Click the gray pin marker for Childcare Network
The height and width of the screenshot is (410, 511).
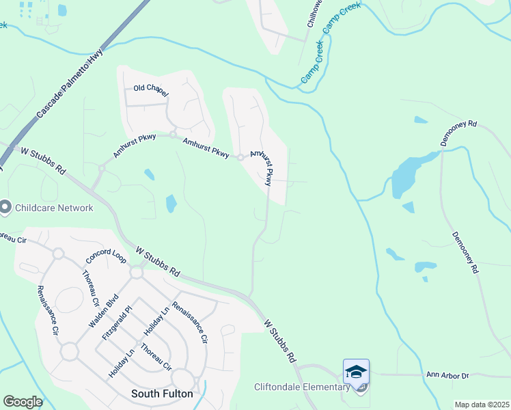tap(5, 207)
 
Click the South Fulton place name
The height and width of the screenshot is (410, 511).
tap(161, 394)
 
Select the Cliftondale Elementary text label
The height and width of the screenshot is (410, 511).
tap(303, 387)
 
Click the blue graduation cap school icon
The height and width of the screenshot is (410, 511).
tap(356, 371)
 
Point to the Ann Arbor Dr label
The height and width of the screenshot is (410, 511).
tap(447, 375)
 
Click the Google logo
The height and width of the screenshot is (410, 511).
tap(23, 402)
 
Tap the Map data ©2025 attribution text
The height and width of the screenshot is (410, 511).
tap(481, 405)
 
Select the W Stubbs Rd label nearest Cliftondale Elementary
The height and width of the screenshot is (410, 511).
tap(281, 340)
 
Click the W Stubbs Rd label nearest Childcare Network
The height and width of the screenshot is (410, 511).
tap(43, 160)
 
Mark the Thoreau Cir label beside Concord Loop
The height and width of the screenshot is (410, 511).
tap(92, 288)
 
